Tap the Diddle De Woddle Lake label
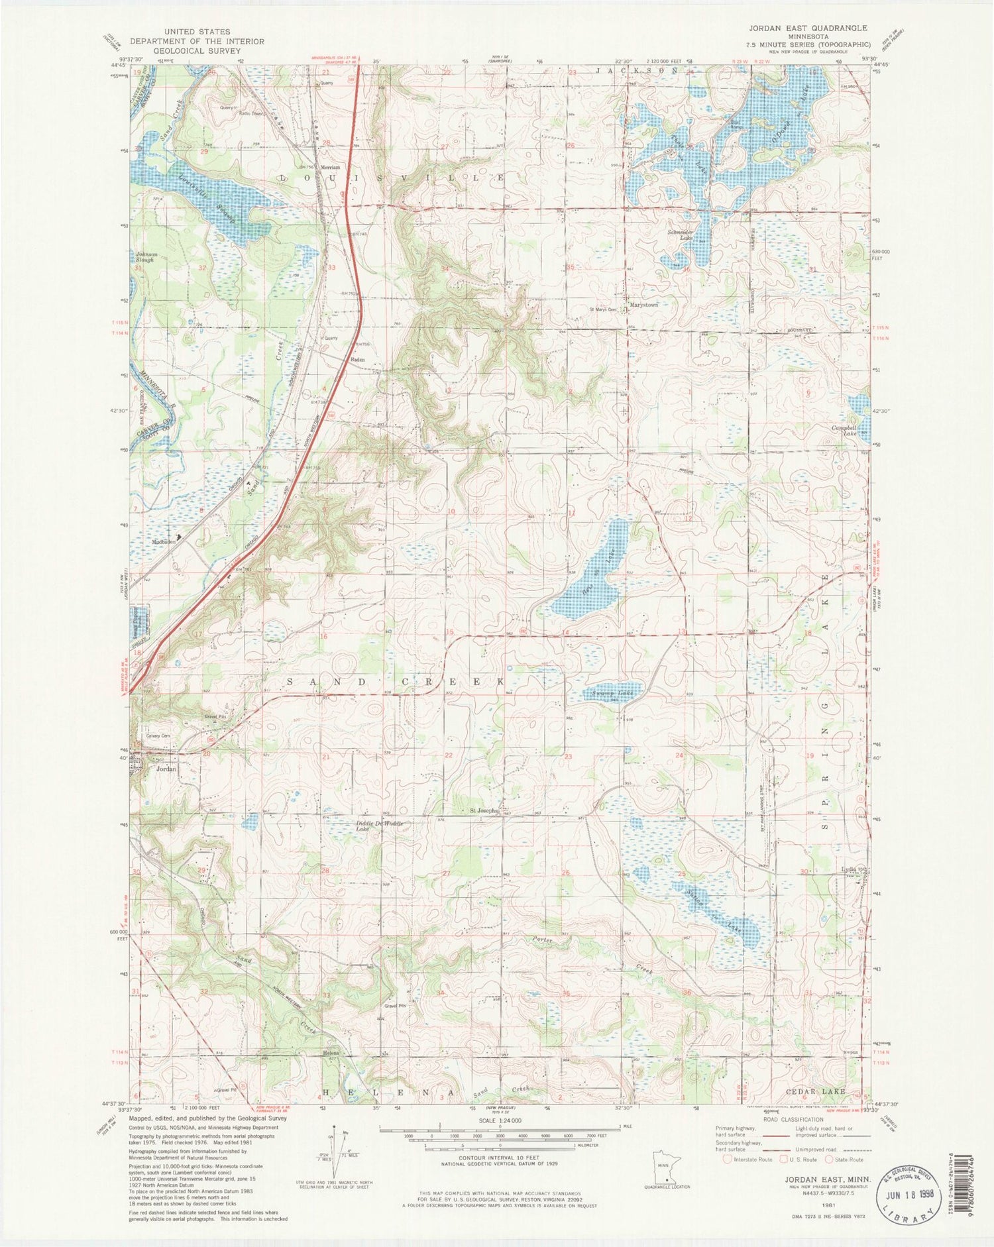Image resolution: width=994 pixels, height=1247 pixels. point(379,826)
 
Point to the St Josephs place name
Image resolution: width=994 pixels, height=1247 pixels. point(484,811)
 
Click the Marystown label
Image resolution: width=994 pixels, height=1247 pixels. point(643,305)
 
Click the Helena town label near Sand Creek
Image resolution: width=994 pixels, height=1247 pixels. point(331,1053)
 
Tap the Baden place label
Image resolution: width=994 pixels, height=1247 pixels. point(358,360)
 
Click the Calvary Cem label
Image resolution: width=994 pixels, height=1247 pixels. point(158,736)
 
